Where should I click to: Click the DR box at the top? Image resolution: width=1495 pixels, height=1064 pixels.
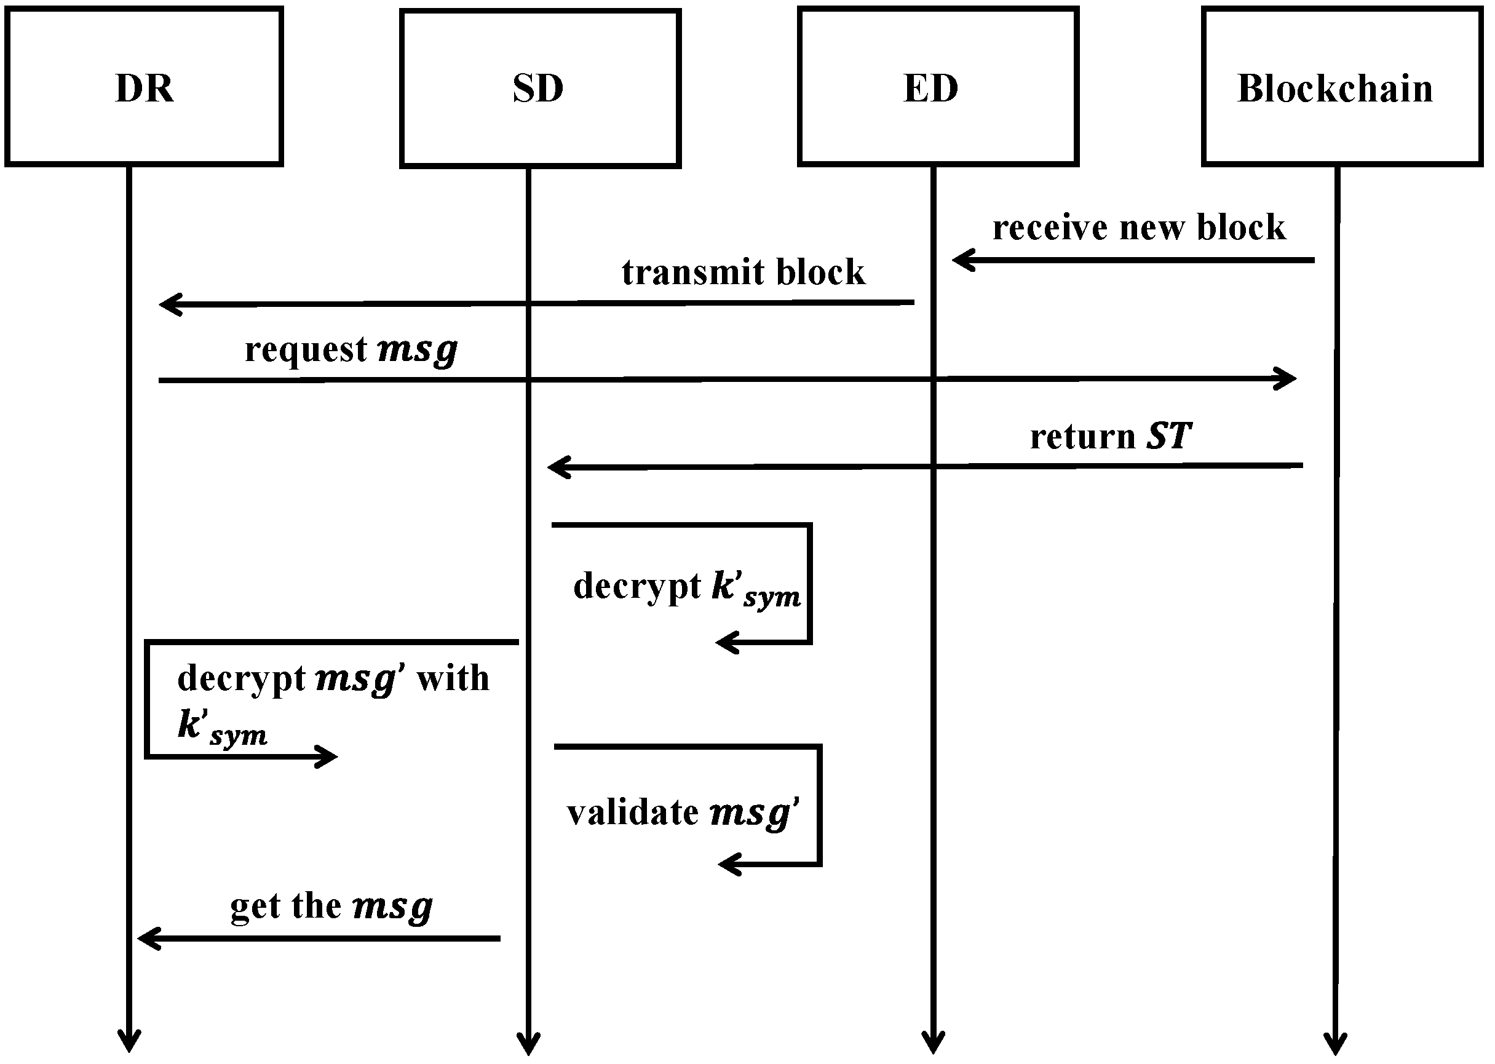pyautogui.click(x=144, y=87)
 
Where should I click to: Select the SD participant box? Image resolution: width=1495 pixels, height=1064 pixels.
pyautogui.click(x=540, y=88)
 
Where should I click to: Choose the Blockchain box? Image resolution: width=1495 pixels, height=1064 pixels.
pyautogui.click(x=1342, y=87)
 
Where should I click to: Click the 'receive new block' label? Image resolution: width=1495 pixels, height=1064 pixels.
pyautogui.click(x=1138, y=228)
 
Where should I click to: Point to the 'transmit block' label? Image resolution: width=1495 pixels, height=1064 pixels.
pyautogui.click(x=743, y=272)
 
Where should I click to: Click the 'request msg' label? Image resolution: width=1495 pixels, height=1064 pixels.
pyautogui.click(x=351, y=349)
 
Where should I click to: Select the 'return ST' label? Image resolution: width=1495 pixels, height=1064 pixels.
pyautogui.click(x=1110, y=436)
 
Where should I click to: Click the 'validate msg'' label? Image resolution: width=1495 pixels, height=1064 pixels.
pyautogui.click(x=682, y=813)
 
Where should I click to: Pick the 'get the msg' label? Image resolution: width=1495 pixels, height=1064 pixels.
pyautogui.click(x=331, y=907)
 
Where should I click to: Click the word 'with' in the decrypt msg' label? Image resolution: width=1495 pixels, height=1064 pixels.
pyautogui.click(x=453, y=678)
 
